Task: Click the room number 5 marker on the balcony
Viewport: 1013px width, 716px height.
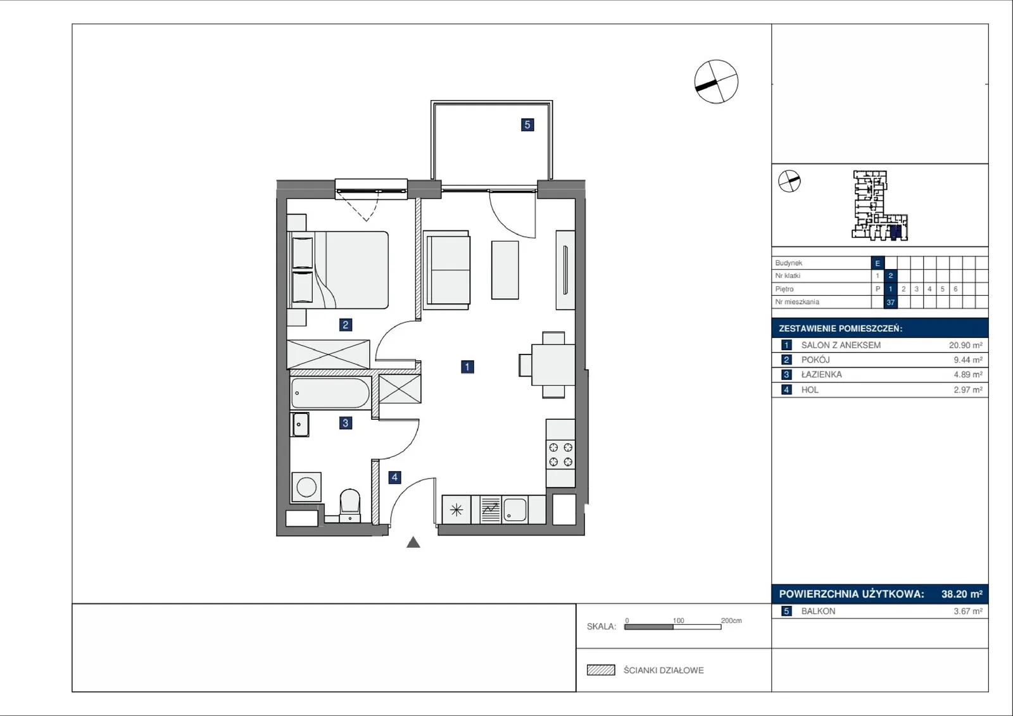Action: [527, 125]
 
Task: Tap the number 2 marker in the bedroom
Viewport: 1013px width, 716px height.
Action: [346, 324]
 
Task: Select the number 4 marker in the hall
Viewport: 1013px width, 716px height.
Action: [395, 477]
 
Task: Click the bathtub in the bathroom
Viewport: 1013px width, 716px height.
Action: [330, 393]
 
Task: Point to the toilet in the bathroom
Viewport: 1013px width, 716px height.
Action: [349, 506]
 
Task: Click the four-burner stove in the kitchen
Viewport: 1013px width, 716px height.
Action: [561, 455]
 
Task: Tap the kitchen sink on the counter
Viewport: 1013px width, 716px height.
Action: [515, 510]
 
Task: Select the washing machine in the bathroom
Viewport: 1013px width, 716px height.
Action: [306, 487]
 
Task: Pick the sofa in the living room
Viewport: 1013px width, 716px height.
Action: [446, 270]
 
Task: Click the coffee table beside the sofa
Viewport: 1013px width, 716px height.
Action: [505, 270]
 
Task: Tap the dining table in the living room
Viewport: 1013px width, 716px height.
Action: [553, 365]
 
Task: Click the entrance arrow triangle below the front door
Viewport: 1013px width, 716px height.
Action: [413, 543]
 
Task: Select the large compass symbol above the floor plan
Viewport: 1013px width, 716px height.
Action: [716, 82]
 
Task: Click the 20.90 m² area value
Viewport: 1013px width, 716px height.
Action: [966, 345]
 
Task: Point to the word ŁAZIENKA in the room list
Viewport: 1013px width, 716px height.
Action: [821, 375]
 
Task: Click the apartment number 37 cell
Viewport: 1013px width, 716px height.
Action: [890, 302]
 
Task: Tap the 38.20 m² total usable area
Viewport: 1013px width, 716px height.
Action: [962, 594]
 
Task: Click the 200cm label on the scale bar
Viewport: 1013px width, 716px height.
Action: [731, 620]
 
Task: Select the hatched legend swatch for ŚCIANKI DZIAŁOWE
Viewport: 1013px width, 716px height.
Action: [601, 670]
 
